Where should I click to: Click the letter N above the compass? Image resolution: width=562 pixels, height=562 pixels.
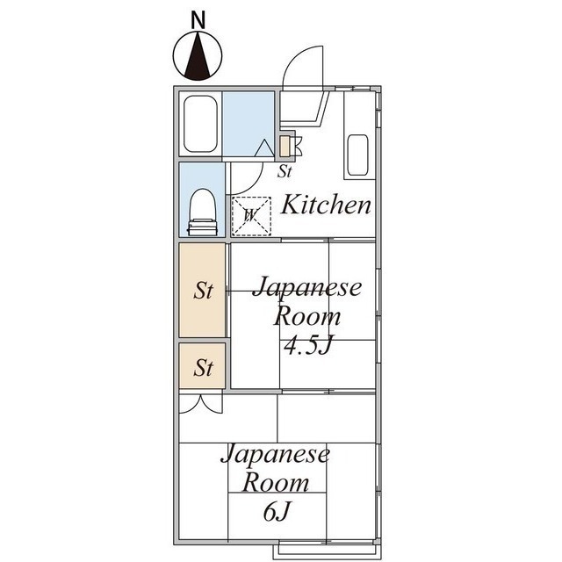point(198,18)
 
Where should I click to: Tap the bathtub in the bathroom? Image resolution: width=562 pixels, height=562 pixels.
point(199,123)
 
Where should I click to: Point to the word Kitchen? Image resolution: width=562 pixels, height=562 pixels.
point(326,205)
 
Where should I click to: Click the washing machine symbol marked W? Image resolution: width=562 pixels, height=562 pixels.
point(250,214)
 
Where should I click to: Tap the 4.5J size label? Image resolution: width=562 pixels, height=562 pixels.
point(307,345)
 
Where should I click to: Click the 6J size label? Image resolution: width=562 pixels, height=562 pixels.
point(276,510)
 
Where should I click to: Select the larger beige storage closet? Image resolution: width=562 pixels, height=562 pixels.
point(203,290)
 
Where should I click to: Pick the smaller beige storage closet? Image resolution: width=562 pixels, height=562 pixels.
point(203,366)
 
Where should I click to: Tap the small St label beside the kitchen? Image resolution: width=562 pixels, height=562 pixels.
point(285,171)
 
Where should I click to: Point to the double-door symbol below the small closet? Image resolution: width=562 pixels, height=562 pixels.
point(201,404)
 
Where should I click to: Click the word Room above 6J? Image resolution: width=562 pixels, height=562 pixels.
point(276,482)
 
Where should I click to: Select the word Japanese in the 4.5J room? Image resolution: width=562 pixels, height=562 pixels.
point(306,289)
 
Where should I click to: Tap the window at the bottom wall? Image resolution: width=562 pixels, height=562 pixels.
point(327,551)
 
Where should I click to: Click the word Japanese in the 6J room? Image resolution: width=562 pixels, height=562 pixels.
point(275,455)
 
